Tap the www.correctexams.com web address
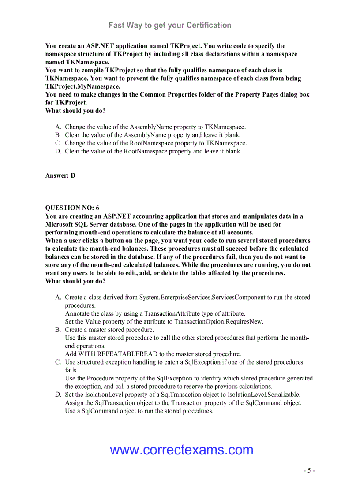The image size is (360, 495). [x=182, y=450]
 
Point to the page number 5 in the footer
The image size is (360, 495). [x=309, y=470]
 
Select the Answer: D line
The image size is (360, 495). [x=60, y=175]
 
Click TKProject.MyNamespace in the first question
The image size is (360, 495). [x=82, y=86]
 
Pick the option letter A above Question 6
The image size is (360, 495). [x=58, y=127]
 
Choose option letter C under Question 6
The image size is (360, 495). [x=58, y=362]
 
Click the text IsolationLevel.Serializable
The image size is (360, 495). [x=264, y=395]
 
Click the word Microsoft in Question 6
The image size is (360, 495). [x=61, y=224]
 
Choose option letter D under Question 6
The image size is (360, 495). [x=58, y=395]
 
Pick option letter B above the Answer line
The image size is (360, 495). [x=58, y=135]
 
